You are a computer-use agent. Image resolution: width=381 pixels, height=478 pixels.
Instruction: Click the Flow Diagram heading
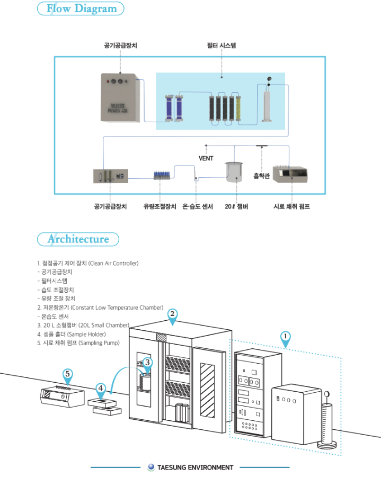click(81, 9)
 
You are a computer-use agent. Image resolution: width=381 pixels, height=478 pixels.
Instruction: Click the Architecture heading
click(78, 239)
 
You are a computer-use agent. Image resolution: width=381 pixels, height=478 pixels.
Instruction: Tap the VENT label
click(206, 158)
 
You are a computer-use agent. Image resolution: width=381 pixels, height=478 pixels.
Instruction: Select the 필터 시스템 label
click(221, 46)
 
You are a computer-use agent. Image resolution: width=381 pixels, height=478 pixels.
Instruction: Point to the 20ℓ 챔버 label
click(236, 206)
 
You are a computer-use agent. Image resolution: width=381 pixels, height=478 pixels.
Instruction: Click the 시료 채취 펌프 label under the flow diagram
click(291, 206)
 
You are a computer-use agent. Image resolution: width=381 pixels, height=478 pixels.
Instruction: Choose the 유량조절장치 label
click(160, 206)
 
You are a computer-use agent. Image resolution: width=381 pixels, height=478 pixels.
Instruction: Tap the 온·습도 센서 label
click(198, 206)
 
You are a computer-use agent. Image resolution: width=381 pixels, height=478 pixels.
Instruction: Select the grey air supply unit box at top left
click(121, 98)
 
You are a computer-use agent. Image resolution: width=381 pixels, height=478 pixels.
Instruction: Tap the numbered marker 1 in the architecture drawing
click(285, 336)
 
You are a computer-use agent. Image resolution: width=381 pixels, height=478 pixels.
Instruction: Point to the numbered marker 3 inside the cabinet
click(148, 363)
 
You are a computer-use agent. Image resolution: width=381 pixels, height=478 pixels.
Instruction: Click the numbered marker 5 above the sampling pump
click(68, 374)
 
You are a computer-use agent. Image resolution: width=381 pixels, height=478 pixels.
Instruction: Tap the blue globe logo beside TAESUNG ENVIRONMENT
click(151, 467)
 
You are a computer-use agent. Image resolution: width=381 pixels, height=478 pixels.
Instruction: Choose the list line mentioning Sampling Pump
click(78, 342)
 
